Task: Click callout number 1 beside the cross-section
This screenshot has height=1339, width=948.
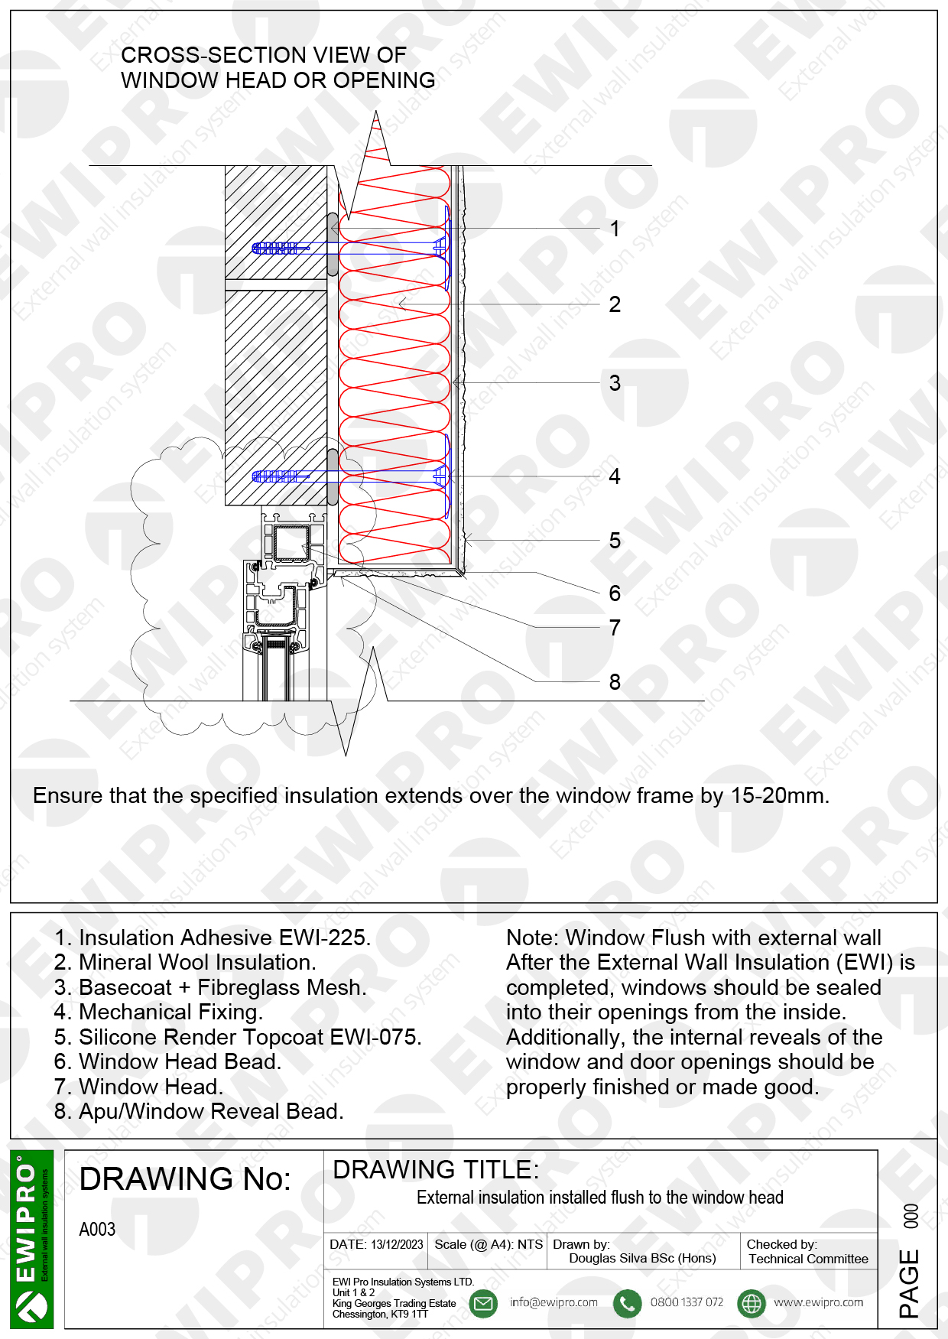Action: pos(615,229)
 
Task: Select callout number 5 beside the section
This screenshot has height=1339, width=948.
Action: pos(615,541)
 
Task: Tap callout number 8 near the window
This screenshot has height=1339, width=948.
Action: pos(615,682)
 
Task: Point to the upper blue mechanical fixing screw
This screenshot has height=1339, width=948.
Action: pos(348,248)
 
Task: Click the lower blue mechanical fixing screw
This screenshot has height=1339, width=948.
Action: pos(348,476)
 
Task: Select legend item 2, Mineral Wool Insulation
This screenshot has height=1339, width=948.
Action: pos(185,962)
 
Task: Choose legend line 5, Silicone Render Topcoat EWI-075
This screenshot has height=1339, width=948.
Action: pos(238,1037)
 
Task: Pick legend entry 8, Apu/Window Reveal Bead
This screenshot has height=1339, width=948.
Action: pos(199,1111)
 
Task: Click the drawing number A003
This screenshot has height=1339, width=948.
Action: pos(97,1230)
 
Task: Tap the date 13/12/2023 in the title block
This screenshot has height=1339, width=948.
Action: pos(397,1244)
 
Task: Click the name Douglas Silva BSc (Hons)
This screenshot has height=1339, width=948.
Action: pos(642,1258)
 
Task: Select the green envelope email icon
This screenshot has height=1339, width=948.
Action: pos(483,1303)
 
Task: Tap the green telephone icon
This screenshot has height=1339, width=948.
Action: pos(627,1303)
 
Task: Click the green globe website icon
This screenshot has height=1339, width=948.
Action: pos(752,1303)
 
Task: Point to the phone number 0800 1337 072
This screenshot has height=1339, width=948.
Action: pos(687,1302)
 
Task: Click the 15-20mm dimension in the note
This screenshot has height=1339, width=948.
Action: pos(778,795)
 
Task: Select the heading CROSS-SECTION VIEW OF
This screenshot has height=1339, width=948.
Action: pos(263,55)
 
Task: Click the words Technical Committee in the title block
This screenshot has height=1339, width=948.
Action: pos(808,1259)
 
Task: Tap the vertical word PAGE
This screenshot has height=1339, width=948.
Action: pos(909,1282)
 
